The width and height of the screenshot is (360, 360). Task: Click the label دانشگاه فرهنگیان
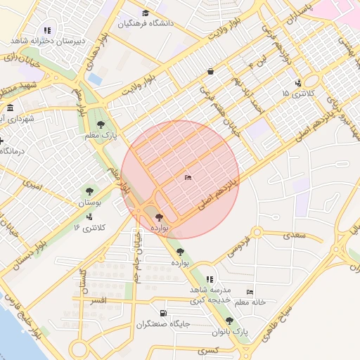[146, 23]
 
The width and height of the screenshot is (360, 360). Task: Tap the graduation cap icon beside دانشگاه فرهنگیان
[146, 13]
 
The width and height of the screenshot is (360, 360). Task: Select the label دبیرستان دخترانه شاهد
[48, 41]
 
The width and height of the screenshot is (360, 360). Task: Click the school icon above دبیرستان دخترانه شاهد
[48, 31]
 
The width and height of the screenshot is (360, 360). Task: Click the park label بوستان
[89, 202]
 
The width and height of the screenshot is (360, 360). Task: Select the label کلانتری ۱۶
[89, 228]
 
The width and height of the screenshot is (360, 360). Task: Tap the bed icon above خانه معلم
[250, 292]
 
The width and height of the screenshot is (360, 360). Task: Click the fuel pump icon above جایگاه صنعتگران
[163, 314]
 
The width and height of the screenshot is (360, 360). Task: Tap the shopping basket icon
[210, 71]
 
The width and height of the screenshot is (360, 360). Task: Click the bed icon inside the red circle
[186, 178]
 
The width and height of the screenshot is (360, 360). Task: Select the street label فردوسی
[237, 244]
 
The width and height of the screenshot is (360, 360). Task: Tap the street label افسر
[98, 300]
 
